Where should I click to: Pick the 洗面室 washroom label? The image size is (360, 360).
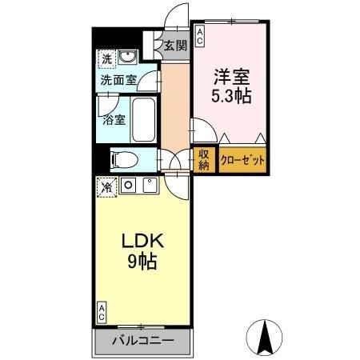(x=118, y=80)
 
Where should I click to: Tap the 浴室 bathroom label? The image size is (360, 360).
(x=114, y=120)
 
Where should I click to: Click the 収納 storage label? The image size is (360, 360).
(x=203, y=159)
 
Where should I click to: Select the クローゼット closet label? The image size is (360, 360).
(x=243, y=159)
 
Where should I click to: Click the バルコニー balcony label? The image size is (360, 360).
(x=142, y=340)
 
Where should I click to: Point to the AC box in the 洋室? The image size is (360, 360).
(x=199, y=34)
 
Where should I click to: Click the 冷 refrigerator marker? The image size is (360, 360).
(x=106, y=186)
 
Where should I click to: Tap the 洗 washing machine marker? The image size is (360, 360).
(x=106, y=58)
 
